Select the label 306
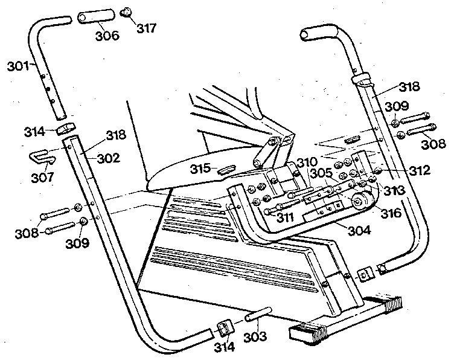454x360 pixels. coord(107,34)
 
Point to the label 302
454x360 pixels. coord(109,159)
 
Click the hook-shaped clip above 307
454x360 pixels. coord(42,158)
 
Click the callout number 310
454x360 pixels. coord(307,163)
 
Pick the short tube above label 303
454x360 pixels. coord(259,317)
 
